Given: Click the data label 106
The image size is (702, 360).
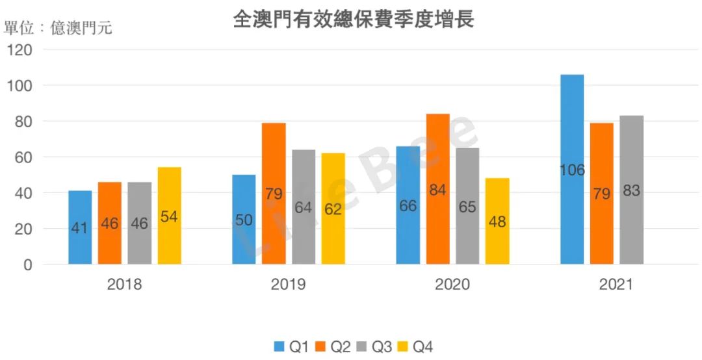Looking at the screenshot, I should (572, 170).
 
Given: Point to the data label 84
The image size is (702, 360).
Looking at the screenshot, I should (437, 190).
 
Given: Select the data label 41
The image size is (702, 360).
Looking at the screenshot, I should (80, 228).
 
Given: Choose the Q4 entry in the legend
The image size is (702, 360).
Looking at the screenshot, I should (416, 347).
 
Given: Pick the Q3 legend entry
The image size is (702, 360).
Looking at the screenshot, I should (375, 347).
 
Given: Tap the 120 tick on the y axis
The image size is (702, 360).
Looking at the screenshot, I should (20, 50).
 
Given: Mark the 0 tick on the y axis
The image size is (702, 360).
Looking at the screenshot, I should (27, 264).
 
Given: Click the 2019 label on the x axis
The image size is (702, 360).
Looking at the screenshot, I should (289, 285).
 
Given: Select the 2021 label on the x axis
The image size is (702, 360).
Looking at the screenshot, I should (616, 285).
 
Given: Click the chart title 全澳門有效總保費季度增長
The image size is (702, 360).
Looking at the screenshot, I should (353, 19).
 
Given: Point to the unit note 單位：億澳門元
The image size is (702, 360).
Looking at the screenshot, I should (58, 28).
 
